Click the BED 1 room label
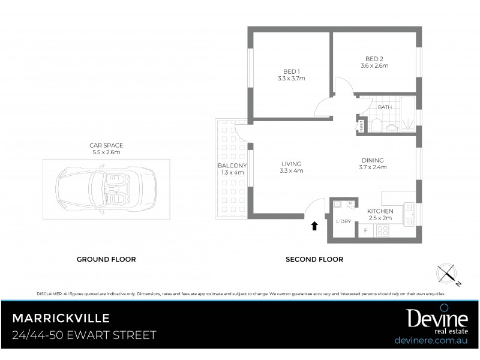(x=292, y=71)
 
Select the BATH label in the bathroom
(x=385, y=107)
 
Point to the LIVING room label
(x=292, y=164)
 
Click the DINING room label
(x=373, y=160)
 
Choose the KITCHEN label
(x=380, y=211)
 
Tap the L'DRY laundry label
(x=344, y=221)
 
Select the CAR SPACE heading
(x=106, y=145)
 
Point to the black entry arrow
(x=314, y=226)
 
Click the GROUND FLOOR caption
(x=106, y=259)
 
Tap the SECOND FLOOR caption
(x=314, y=259)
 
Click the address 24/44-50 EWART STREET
(x=84, y=335)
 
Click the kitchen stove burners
(x=382, y=230)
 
